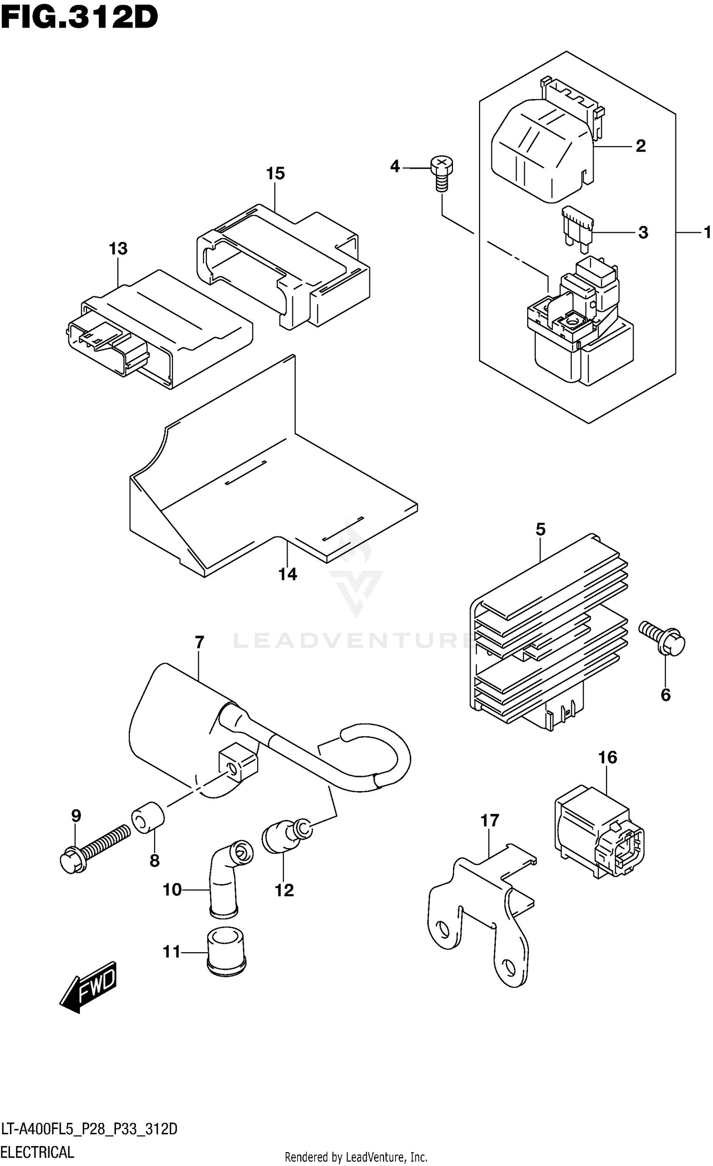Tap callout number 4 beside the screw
tap(395, 167)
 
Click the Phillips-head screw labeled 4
tap(441, 173)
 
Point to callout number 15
tap(275, 174)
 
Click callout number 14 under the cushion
tap(288, 574)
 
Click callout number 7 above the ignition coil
tap(199, 643)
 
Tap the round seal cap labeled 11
tap(226, 950)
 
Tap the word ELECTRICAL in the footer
tap(38, 1152)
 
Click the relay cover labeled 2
tap(542, 147)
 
